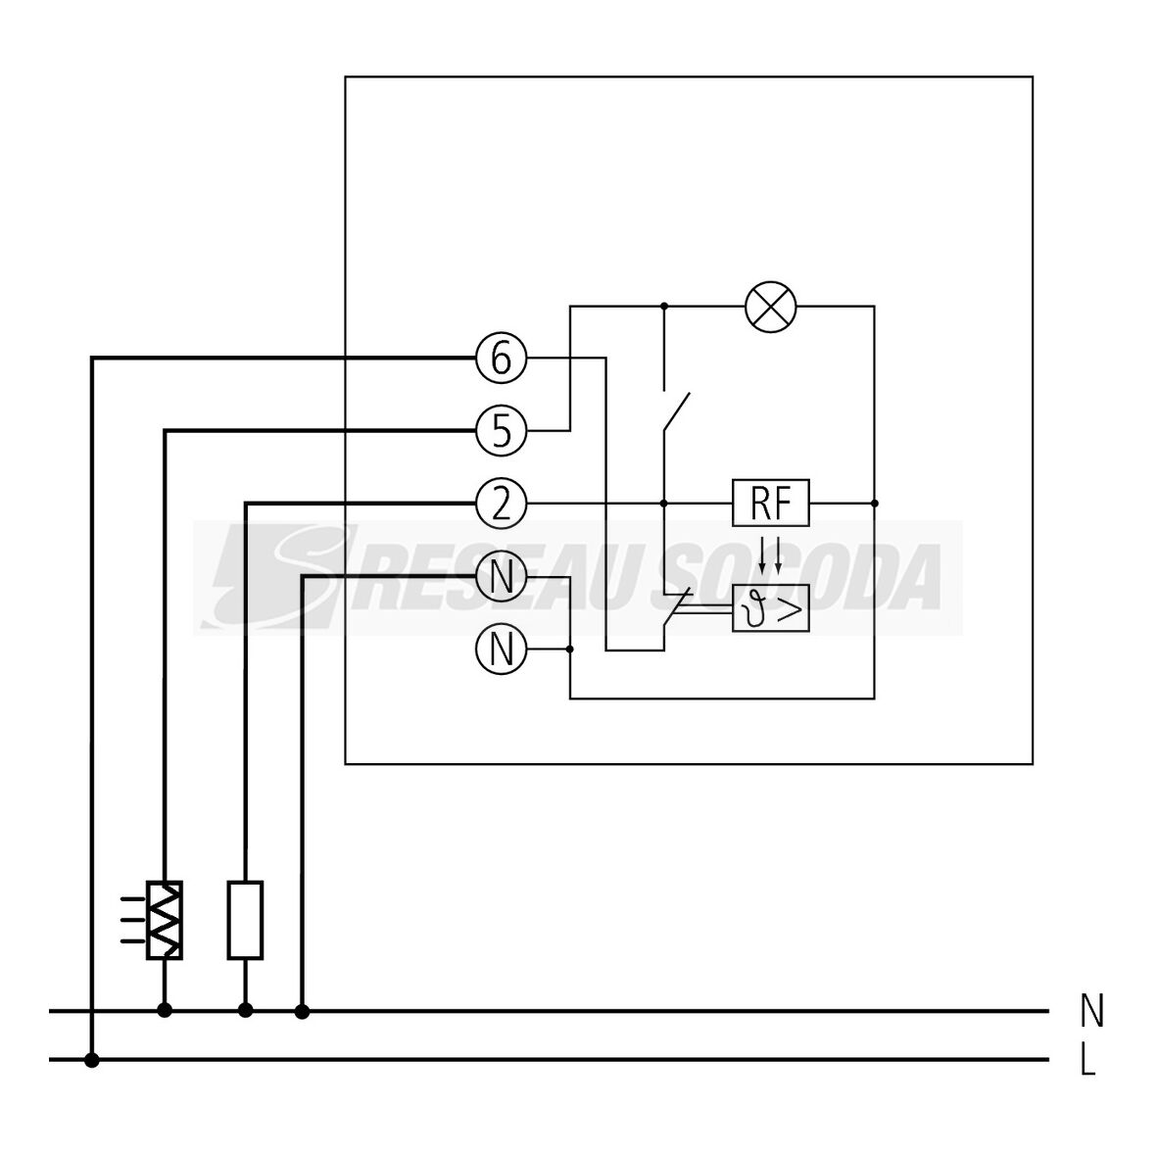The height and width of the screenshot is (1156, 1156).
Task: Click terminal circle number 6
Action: point(501,360)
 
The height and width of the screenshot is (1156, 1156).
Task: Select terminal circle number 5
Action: point(501,431)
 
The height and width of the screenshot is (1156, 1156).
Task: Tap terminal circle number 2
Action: point(501,504)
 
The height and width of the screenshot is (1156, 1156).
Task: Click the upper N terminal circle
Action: point(501,577)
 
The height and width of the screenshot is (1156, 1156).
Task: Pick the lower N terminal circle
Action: point(501,649)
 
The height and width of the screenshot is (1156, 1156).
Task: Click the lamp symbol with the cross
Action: point(770,307)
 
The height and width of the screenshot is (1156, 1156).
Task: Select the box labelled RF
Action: point(771,504)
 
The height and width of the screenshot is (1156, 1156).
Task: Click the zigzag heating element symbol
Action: point(165,919)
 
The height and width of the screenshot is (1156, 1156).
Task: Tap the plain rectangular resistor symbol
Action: point(245,919)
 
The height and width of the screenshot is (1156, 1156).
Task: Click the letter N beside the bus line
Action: point(1091,1011)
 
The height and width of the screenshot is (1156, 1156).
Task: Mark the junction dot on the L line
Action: point(91,1060)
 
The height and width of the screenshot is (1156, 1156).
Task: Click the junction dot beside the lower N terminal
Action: point(570,649)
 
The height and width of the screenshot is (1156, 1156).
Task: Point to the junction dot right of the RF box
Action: point(874,504)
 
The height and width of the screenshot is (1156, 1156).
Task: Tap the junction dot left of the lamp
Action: point(664,307)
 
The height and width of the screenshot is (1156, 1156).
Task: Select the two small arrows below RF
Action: point(771,554)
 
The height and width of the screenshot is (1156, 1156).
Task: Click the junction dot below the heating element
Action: point(165,1010)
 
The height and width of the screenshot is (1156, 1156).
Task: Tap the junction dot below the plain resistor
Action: point(245,1010)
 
